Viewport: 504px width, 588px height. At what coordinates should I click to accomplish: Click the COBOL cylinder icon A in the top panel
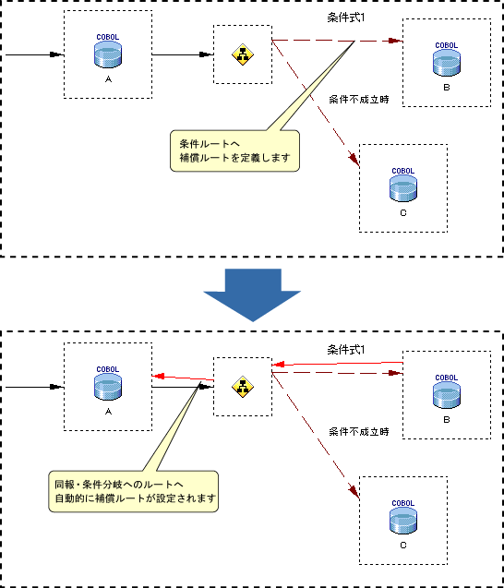pyautogui.click(x=108, y=54)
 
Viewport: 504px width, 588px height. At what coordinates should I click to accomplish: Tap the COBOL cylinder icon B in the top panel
pyautogui.click(x=446, y=63)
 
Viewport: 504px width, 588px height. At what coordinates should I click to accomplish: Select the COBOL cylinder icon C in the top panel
pyautogui.click(x=403, y=188)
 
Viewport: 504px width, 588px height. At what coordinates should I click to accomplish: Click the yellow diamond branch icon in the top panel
pyautogui.click(x=243, y=54)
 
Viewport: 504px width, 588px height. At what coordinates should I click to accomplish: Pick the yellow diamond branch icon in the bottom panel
pyautogui.click(x=243, y=387)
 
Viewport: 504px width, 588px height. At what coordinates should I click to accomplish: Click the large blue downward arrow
pyautogui.click(x=252, y=294)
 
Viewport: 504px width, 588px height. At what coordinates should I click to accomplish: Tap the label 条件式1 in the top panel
pyautogui.click(x=345, y=18)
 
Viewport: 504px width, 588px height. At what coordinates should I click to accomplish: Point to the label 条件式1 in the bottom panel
pyautogui.click(x=345, y=350)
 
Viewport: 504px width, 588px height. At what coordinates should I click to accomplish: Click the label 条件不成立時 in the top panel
pyautogui.click(x=359, y=100)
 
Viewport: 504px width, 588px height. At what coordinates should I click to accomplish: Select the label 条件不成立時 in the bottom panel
pyautogui.click(x=359, y=432)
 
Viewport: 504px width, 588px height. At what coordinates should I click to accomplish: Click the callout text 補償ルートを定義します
pyautogui.click(x=234, y=158)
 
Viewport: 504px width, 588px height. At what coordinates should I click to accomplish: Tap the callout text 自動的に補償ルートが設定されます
pyautogui.click(x=136, y=498)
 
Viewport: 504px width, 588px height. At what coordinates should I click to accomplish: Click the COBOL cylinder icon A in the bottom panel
pyautogui.click(x=108, y=387)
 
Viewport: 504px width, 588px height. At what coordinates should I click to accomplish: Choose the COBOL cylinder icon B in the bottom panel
pyautogui.click(x=446, y=395)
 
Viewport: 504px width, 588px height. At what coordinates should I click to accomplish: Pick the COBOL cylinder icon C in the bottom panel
pyautogui.click(x=403, y=521)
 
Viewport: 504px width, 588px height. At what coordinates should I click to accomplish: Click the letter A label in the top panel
pyautogui.click(x=108, y=79)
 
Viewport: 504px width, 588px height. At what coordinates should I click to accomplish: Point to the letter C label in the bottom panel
pyautogui.click(x=403, y=546)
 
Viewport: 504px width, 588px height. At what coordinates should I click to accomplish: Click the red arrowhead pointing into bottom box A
pyautogui.click(x=158, y=376)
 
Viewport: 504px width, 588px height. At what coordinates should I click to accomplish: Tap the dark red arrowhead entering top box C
pyautogui.click(x=354, y=159)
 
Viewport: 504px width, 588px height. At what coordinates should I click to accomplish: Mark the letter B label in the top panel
pyautogui.click(x=447, y=88)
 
